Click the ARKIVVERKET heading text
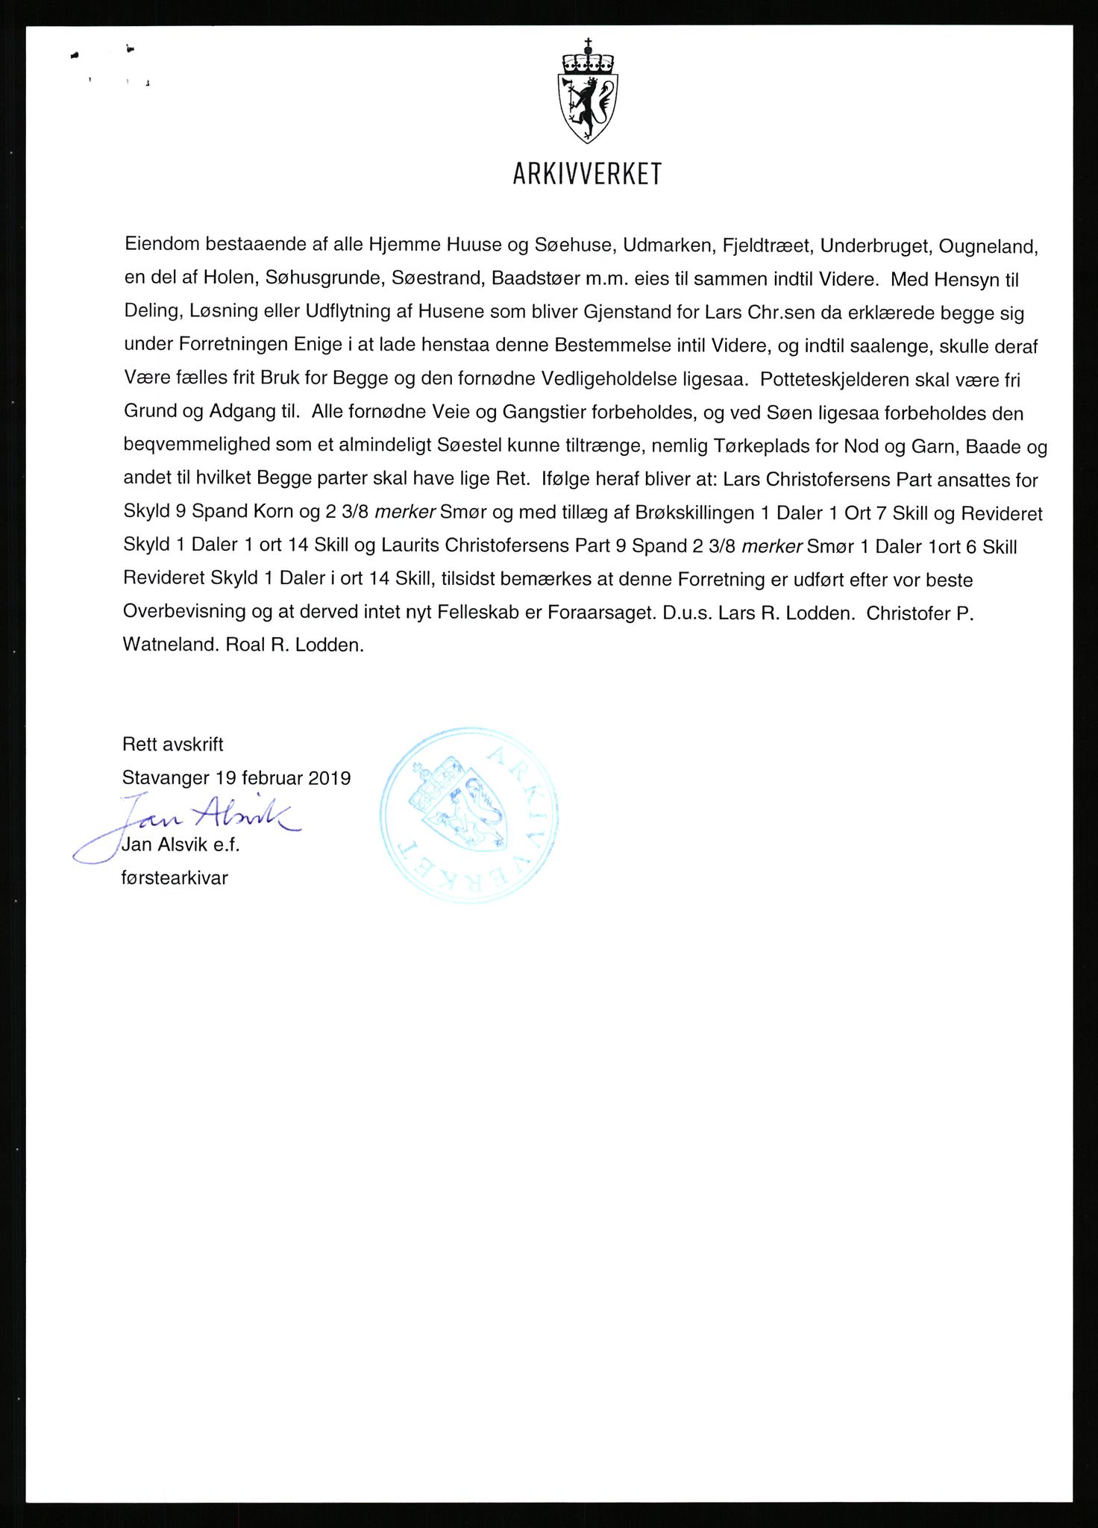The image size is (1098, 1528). (587, 175)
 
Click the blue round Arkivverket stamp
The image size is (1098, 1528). (468, 815)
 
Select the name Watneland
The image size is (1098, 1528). (169, 645)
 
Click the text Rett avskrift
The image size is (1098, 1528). (173, 744)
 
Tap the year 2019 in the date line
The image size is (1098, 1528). (329, 778)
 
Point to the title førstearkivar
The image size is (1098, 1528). (175, 878)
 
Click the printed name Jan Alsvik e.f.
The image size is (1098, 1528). (180, 845)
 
